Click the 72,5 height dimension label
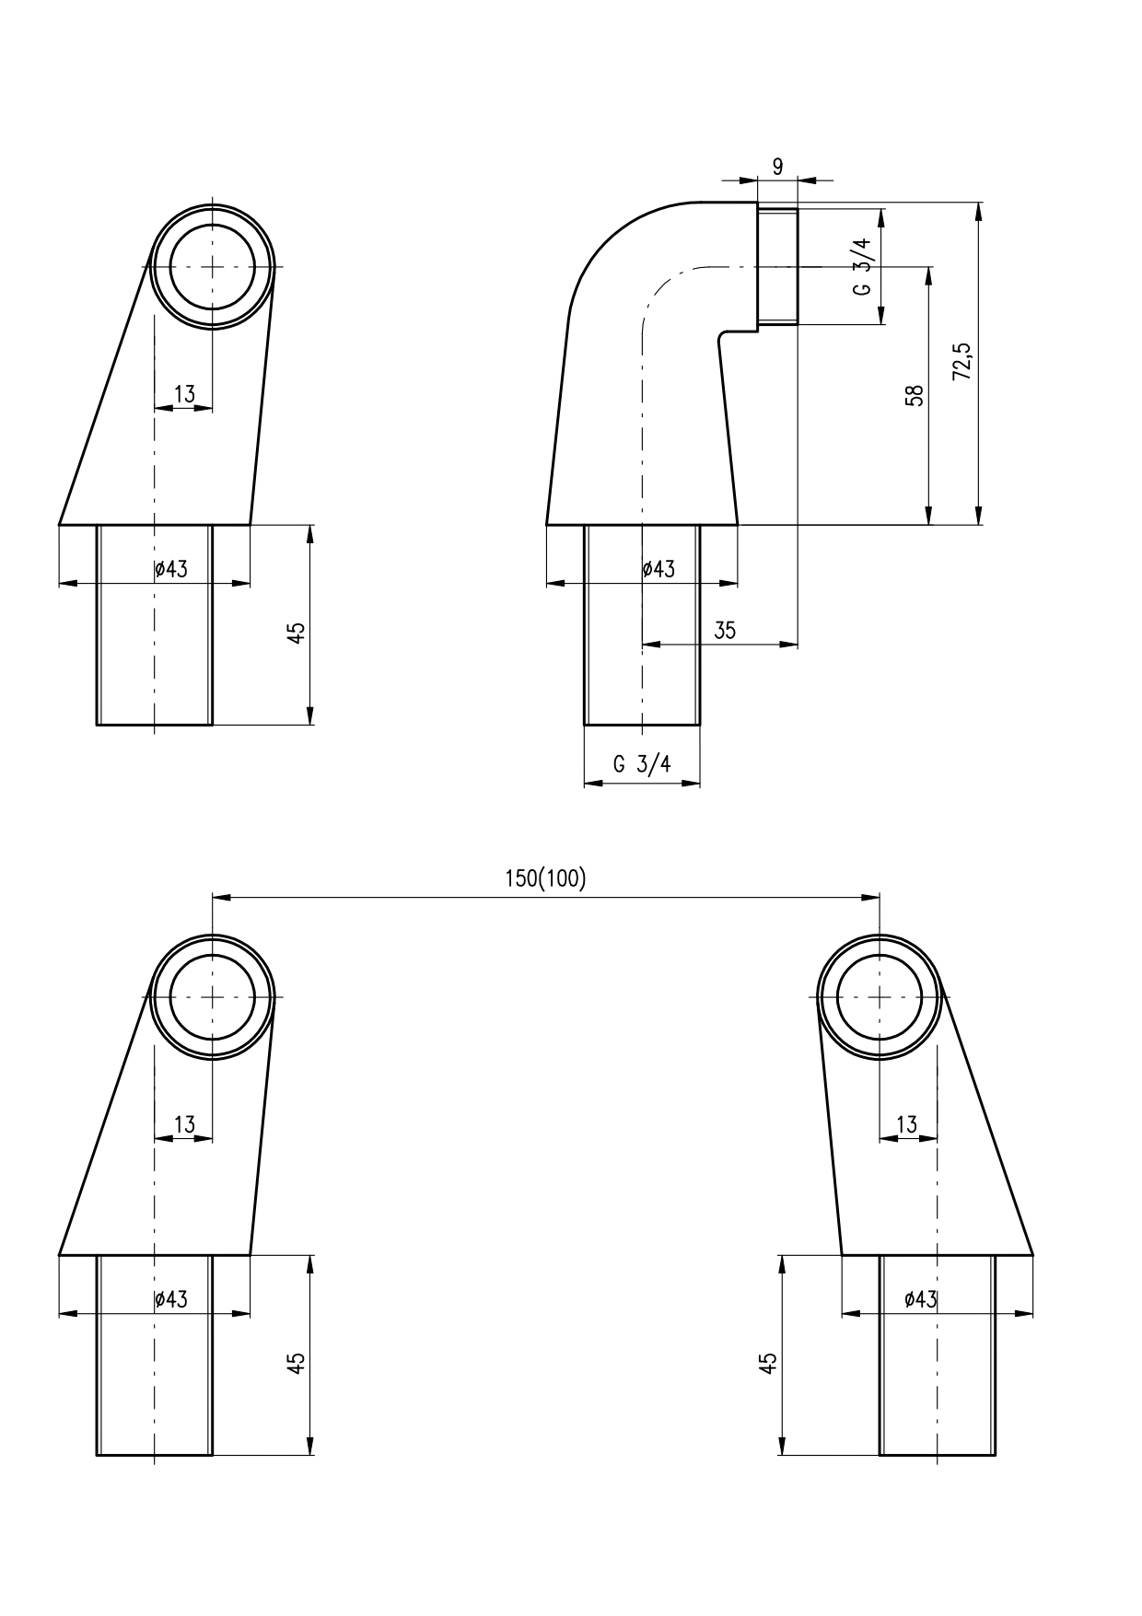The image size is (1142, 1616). point(961,362)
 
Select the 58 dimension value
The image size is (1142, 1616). point(915,395)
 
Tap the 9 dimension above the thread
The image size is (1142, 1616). point(777,166)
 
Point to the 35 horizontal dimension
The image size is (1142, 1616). point(725,630)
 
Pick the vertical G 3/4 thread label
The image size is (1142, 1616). point(861,266)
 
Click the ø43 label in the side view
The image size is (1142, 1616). point(658,569)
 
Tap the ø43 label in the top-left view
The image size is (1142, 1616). point(171,569)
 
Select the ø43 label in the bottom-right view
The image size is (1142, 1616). point(921,1299)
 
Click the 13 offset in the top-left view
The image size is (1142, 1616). point(184,394)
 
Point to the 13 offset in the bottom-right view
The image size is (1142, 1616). point(907,1124)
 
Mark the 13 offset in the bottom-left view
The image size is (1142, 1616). point(184,1124)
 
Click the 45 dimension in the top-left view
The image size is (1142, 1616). point(296,633)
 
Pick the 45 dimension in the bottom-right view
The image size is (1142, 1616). point(768,1363)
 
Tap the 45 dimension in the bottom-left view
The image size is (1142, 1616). point(296,1363)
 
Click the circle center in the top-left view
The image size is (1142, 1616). point(212,266)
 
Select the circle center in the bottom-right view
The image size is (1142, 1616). point(880,996)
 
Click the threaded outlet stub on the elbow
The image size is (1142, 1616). point(777,266)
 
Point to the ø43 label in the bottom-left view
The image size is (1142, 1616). point(171,1299)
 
